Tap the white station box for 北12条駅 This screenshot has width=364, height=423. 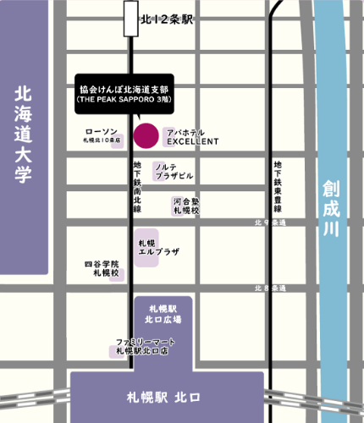(x=131, y=19)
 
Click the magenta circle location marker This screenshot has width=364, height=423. (x=146, y=135)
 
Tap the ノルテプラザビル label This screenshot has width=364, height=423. (x=174, y=171)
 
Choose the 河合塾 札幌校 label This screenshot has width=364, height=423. (x=186, y=206)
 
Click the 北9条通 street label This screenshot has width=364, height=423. (x=269, y=222)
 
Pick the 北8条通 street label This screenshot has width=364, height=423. (x=269, y=288)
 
